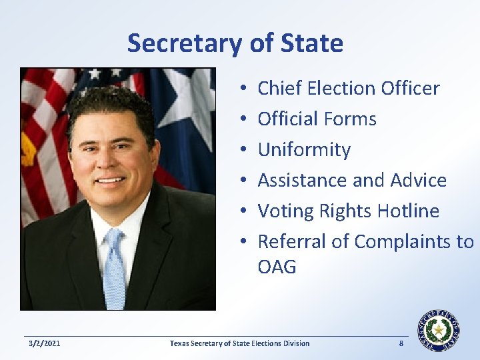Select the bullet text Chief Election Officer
click(x=348, y=88)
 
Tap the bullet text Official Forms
click(x=317, y=119)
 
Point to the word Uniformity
click(x=303, y=149)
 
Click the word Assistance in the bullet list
click(x=301, y=180)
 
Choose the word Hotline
click(x=408, y=211)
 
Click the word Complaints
click(x=403, y=241)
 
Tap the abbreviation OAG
click(x=277, y=267)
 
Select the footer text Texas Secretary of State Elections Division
click(x=239, y=343)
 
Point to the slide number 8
click(x=401, y=343)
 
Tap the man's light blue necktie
click(x=115, y=267)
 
